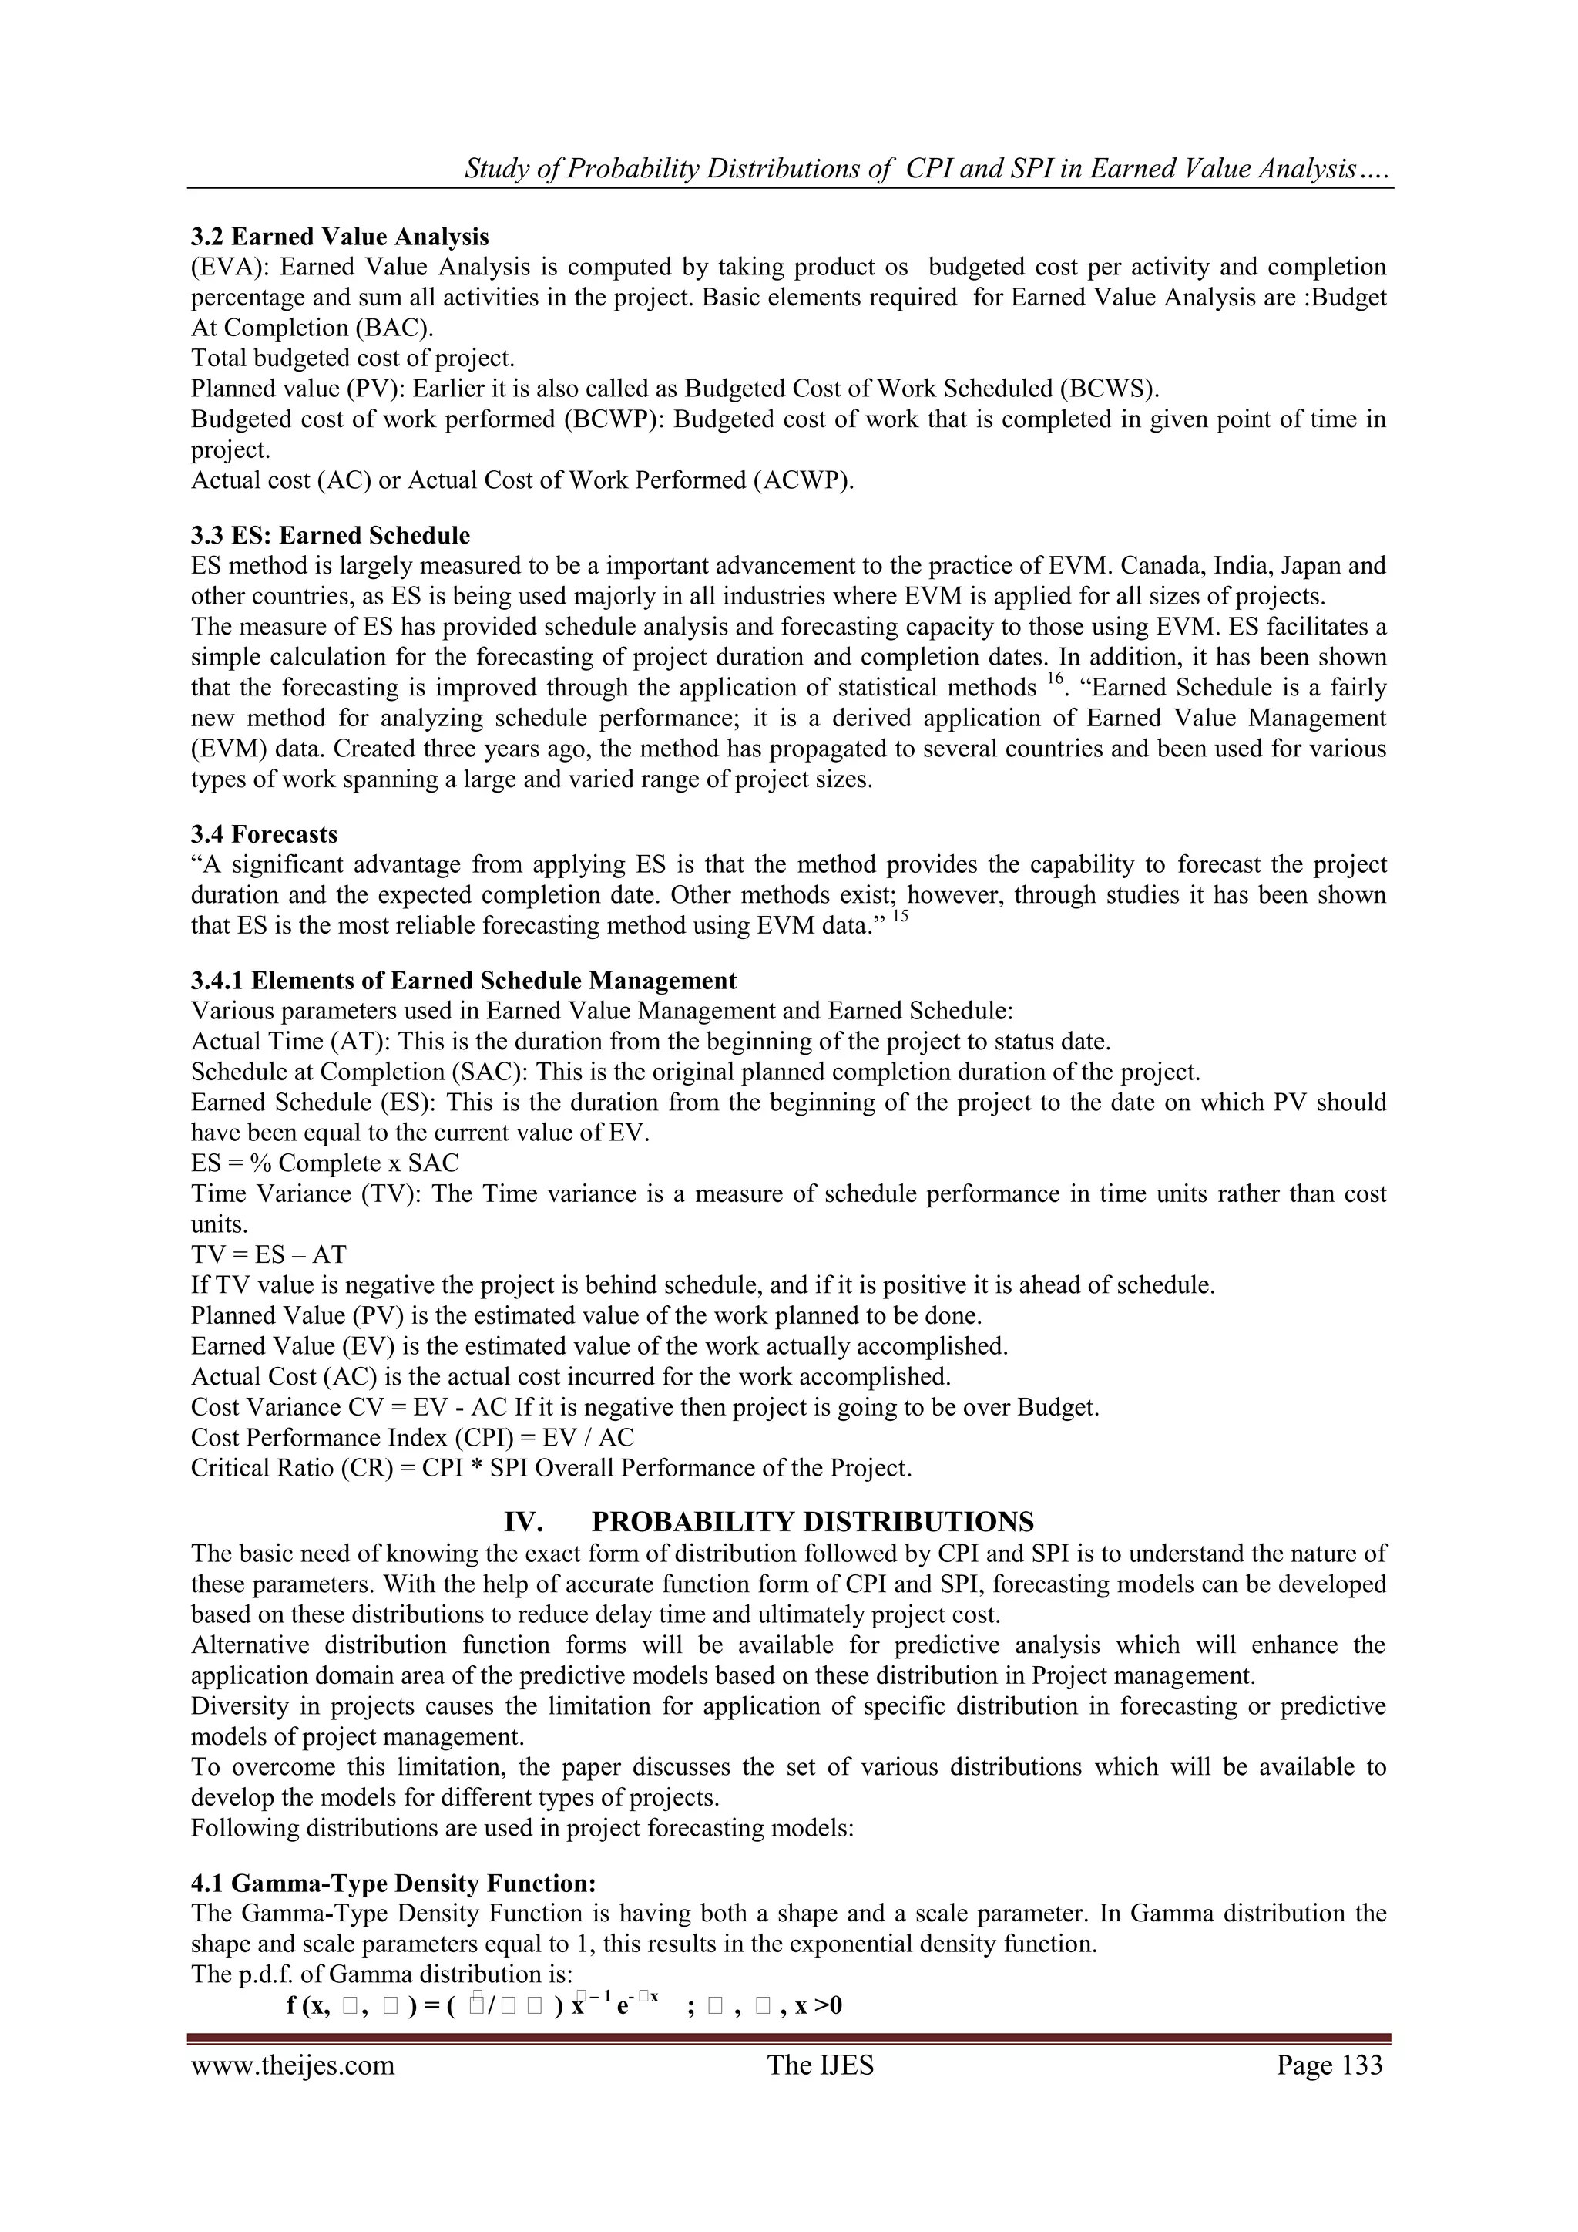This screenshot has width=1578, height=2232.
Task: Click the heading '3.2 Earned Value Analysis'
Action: [340, 236]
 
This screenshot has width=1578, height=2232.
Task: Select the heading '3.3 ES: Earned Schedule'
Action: [331, 536]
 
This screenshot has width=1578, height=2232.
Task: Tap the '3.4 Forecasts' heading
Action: [264, 834]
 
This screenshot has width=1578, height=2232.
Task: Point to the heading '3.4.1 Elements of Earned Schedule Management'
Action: [464, 980]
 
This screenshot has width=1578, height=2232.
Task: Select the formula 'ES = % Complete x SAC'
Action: [324, 1163]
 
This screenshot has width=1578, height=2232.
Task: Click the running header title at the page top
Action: [928, 169]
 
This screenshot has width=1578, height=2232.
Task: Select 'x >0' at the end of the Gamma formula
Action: [818, 2005]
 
